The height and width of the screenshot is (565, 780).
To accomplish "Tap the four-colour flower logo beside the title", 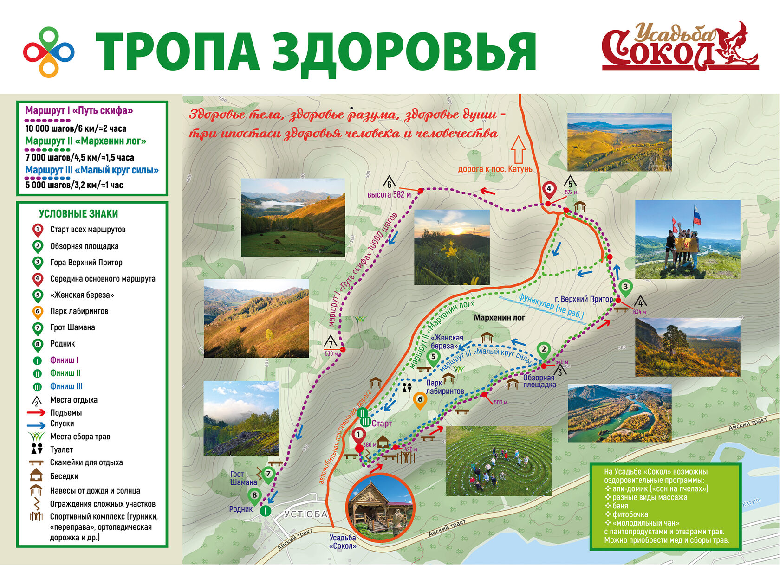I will (48, 52).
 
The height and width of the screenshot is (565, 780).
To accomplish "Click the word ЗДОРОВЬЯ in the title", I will (404, 52).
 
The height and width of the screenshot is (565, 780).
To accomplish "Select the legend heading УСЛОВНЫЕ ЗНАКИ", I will (78, 214).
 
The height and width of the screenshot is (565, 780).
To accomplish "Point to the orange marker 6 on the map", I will (420, 400).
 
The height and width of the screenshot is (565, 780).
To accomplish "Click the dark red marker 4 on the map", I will (549, 190).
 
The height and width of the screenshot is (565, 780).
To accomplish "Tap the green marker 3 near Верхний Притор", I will (625, 287).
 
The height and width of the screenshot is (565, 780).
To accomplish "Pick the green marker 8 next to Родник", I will (254, 495).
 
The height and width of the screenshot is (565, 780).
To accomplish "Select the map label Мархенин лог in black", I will (499, 318).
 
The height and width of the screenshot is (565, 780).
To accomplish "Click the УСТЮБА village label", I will (305, 514).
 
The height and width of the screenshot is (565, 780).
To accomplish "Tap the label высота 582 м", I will (389, 195).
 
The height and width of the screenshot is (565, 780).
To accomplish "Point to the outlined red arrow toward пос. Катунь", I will (518, 149).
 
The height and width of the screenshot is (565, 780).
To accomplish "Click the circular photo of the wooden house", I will (380, 507).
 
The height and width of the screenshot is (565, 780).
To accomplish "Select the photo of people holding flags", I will (687, 239).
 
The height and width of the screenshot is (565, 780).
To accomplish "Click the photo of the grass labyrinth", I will (499, 461).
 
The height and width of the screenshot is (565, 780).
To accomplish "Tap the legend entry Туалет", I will (61, 449).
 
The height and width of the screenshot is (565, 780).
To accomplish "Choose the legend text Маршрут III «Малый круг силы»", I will (92, 170).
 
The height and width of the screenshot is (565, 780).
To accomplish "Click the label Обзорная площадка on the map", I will (539, 381).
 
